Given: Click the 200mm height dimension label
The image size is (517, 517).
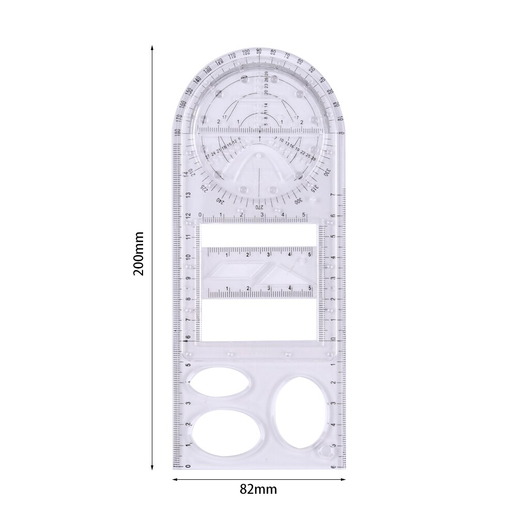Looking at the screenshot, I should (x=138, y=254).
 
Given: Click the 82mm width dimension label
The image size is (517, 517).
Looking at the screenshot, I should (x=258, y=489).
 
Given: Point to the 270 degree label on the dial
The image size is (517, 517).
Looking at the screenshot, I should (x=259, y=206).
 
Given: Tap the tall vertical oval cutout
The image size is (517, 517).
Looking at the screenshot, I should (x=302, y=413).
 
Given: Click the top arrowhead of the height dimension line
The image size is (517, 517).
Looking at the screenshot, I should (x=152, y=46).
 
